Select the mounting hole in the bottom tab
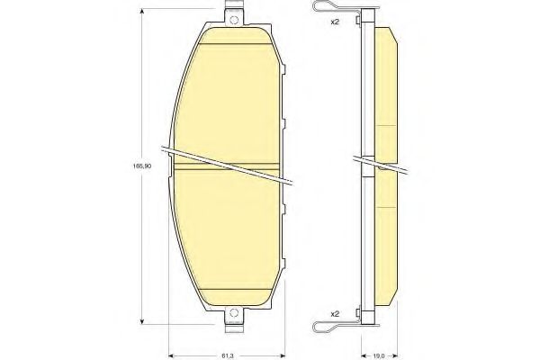pyautogui.click(x=235, y=314)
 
